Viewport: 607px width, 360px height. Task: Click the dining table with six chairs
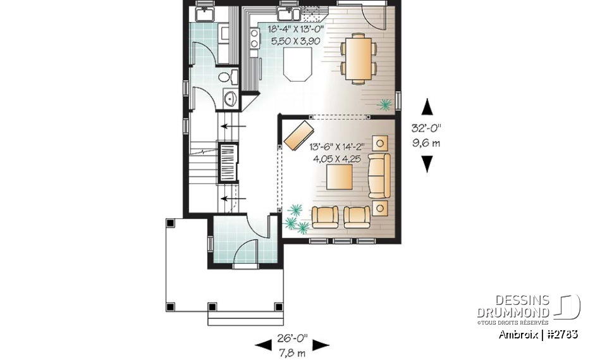(x=359, y=58)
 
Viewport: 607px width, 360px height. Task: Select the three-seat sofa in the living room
(x=379, y=175)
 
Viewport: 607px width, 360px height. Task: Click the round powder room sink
(x=230, y=98)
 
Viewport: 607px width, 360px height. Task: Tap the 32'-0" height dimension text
(x=428, y=127)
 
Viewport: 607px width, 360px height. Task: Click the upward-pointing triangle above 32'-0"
(x=428, y=105)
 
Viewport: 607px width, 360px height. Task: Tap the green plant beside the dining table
(x=384, y=104)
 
